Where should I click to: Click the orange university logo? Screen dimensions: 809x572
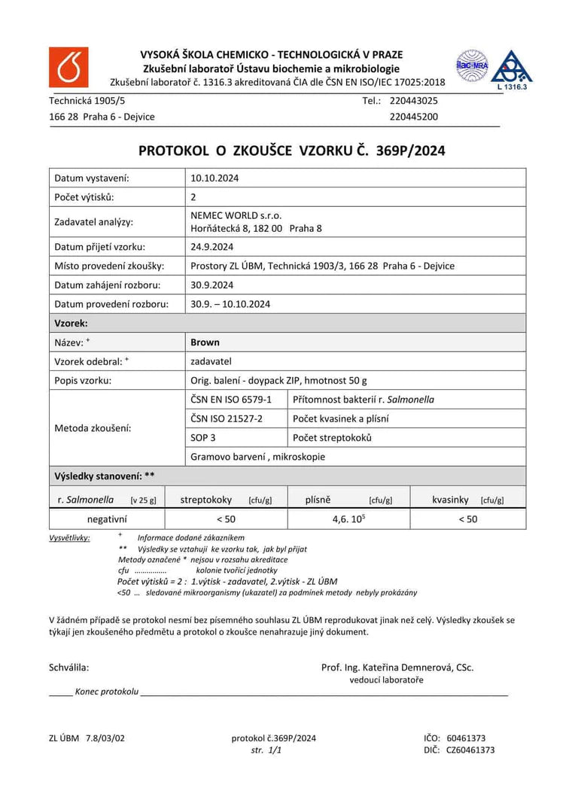(x=68, y=67)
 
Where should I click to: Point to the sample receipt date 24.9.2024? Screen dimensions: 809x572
(x=212, y=247)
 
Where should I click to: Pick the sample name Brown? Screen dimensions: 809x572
(x=205, y=342)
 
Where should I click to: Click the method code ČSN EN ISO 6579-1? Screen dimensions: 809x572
(x=231, y=400)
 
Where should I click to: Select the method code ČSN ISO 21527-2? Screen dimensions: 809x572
(x=227, y=418)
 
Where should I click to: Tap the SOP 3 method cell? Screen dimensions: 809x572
(x=205, y=438)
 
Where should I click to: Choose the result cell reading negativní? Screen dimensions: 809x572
(x=107, y=519)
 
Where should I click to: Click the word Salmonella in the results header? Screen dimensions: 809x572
(x=90, y=499)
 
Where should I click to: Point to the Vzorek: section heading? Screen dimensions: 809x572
(x=71, y=323)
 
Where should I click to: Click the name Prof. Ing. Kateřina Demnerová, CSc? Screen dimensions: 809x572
(x=397, y=667)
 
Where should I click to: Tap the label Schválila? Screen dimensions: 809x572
(x=69, y=667)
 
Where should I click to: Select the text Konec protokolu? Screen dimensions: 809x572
(x=107, y=692)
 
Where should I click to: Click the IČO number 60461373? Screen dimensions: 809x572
(x=466, y=738)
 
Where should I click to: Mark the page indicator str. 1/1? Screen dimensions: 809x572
(x=266, y=750)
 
